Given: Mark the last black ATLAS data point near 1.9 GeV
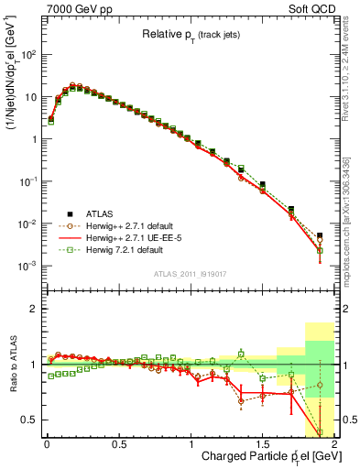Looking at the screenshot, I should (x=320, y=235).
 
